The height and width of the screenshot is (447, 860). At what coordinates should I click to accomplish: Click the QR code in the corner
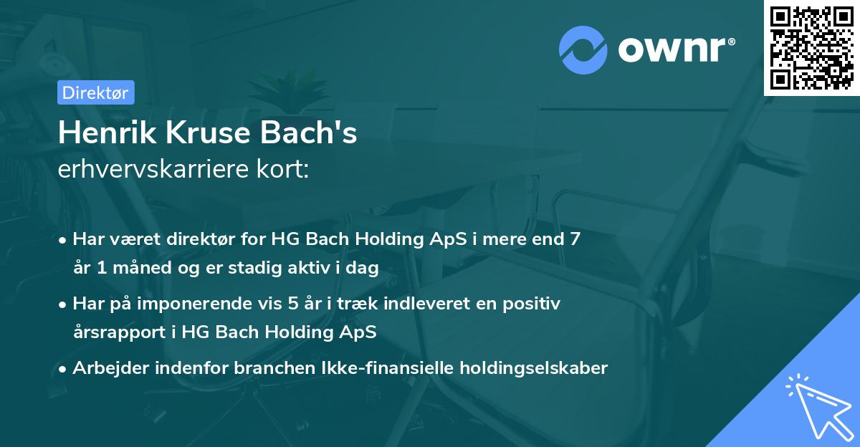(812, 48)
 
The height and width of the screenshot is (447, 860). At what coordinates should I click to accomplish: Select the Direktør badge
(96, 92)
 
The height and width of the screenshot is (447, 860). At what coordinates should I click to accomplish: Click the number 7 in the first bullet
(574, 240)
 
